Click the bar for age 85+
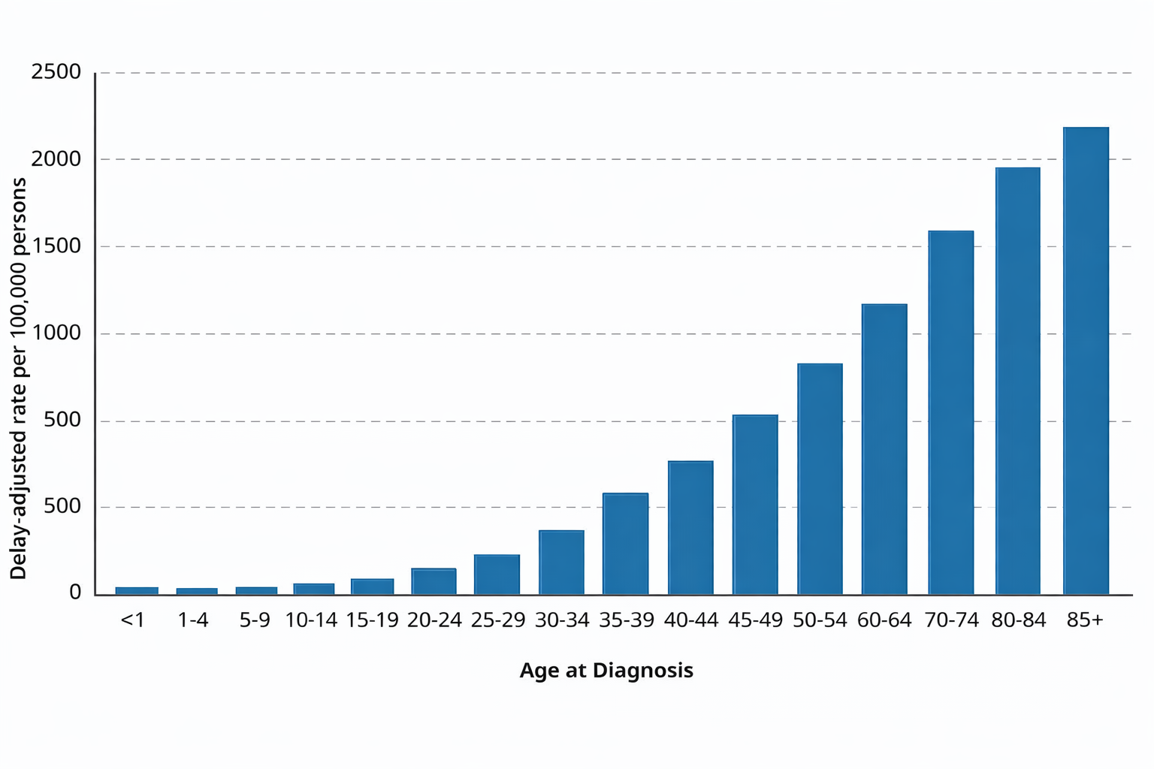tap(1086, 360)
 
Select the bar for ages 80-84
tap(1018, 381)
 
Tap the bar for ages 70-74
tap(950, 412)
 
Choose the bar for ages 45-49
tap(755, 505)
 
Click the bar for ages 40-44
tap(690, 528)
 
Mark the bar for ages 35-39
tap(625, 544)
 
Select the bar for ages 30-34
tap(561, 562)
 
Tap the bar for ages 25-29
tap(497, 574)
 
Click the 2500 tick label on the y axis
tap(56, 72)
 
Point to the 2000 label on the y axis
tap(56, 159)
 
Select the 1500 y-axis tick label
tap(56, 246)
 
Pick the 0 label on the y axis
tap(74, 593)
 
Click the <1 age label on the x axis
tap(132, 620)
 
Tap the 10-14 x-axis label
tap(311, 620)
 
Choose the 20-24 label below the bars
tap(434, 620)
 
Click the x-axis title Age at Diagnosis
tap(606, 670)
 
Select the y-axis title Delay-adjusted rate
tap(18, 378)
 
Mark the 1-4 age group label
tap(193, 620)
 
